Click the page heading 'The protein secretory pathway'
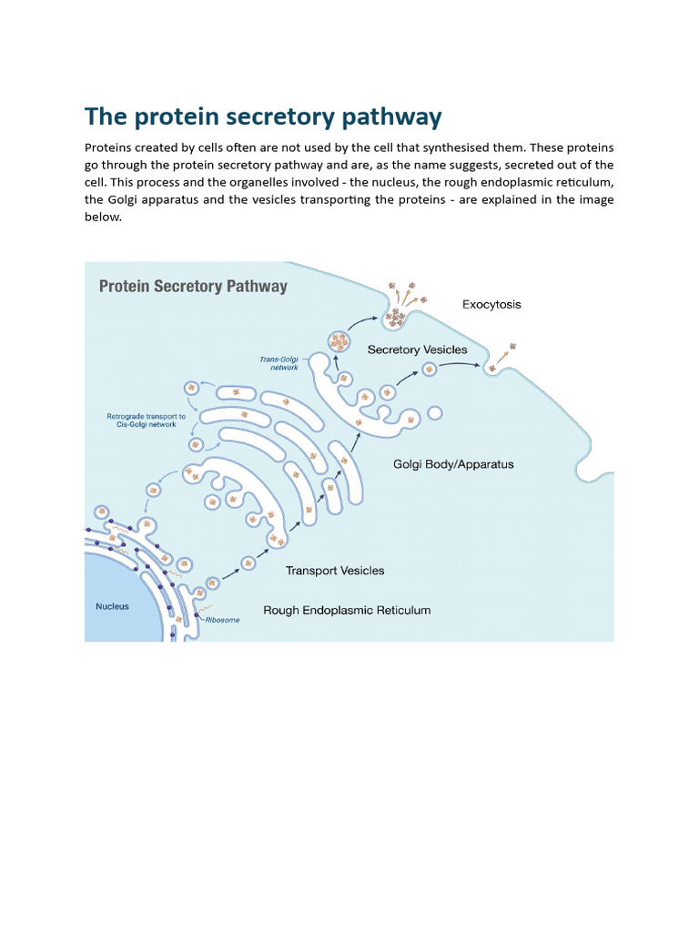coord(263,117)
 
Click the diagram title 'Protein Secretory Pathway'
coord(192,287)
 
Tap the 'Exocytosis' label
coord(491,305)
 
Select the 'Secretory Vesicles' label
coord(417,349)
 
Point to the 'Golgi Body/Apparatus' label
coord(453,464)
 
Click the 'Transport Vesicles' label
coord(335,571)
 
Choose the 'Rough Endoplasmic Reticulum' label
coord(347,610)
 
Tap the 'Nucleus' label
coord(113,606)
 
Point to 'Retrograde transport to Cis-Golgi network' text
coord(147,421)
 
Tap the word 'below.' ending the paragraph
coord(103,218)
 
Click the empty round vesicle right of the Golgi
coord(435,413)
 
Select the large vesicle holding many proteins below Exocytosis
coord(339,342)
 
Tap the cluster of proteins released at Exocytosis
coord(396,318)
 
